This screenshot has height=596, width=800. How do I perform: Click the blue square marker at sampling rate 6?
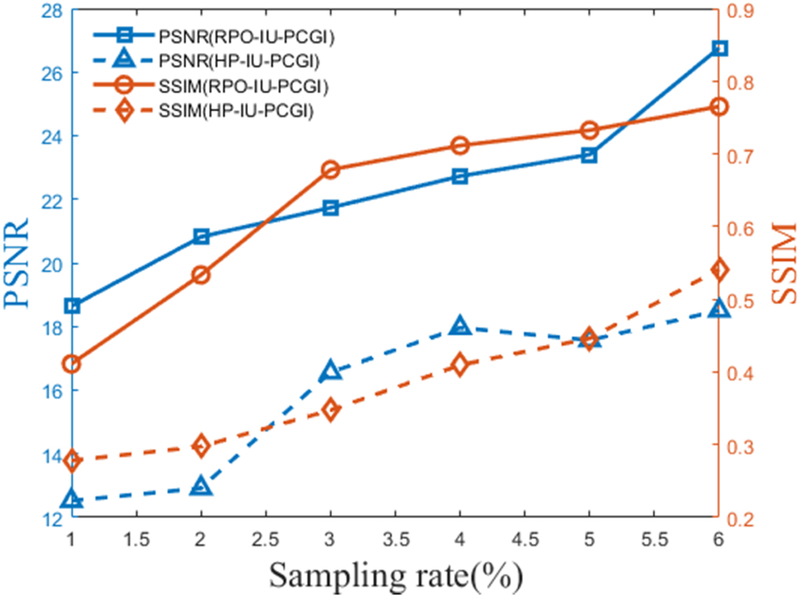[719, 48]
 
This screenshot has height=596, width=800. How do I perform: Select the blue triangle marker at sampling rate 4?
[460, 326]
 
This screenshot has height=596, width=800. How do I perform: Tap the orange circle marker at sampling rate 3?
[330, 169]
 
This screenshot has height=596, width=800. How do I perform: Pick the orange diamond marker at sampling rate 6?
[719, 270]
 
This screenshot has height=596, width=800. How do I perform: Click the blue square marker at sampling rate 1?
[72, 305]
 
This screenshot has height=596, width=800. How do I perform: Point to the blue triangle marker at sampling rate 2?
[201, 487]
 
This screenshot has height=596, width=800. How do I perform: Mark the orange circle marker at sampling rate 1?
[72, 363]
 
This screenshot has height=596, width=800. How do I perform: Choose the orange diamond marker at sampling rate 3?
[330, 409]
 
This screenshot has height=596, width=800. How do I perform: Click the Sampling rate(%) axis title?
[396, 576]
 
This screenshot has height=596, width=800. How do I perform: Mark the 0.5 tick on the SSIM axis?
[745, 301]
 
